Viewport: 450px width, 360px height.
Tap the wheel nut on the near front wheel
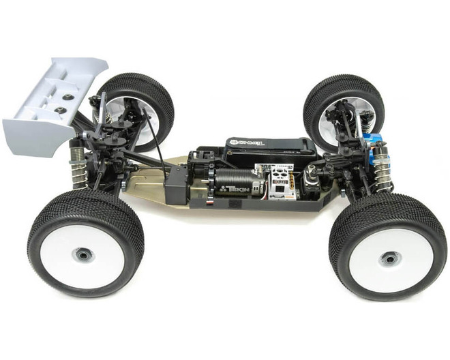coord(389,258)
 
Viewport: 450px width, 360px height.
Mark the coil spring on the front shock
coord(386,174)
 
